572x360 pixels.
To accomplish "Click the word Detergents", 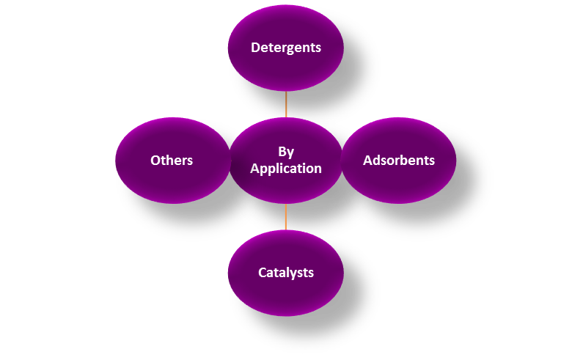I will tap(286, 48).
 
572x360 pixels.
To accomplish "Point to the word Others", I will tap(172, 160).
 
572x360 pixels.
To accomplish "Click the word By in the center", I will tap(286, 152).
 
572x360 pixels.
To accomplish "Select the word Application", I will tap(286, 169).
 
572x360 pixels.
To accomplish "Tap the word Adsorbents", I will tap(399, 160).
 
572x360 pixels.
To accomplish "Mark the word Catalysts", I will tap(286, 273).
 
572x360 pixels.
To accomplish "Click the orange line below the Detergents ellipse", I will tap(286, 104).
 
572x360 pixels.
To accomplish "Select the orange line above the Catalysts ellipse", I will tap(286, 217).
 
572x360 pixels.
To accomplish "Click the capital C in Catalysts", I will tap(263, 273).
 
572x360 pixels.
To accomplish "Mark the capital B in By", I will tap(282, 152).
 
